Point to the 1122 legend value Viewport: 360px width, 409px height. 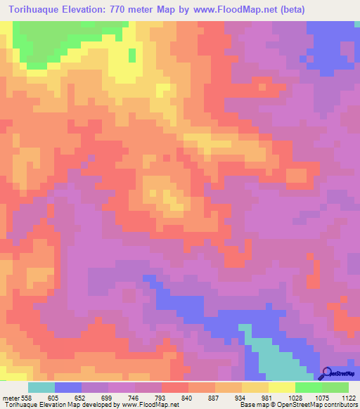pos(348,398)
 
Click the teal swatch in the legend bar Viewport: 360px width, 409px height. pos(41,387)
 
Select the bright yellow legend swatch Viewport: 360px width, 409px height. pos(281,387)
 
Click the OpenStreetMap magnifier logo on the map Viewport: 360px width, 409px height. pos(327,373)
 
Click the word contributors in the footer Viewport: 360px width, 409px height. pos(340,405)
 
